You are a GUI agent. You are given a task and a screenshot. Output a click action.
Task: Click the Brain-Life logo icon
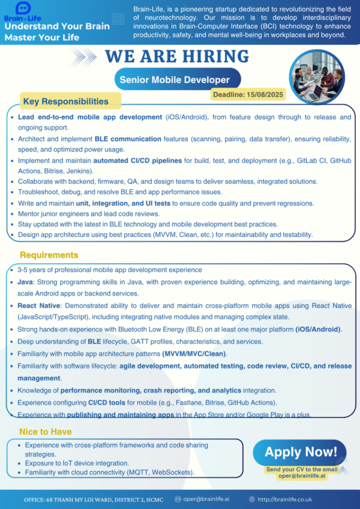(x=23, y=7)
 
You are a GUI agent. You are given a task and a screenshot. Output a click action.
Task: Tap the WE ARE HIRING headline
(x=177, y=56)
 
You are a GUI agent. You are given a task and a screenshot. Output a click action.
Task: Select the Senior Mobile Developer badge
(x=175, y=80)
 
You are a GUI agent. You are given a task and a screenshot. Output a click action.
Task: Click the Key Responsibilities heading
(x=66, y=101)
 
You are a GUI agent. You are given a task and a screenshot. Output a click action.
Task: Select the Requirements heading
(x=49, y=255)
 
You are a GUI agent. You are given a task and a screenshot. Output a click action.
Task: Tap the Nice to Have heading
(x=45, y=431)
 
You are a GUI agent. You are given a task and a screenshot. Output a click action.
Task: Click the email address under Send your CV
(x=302, y=476)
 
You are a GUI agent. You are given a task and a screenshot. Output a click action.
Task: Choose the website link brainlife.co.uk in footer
(x=285, y=499)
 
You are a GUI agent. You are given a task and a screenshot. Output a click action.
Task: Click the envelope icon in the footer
(x=178, y=499)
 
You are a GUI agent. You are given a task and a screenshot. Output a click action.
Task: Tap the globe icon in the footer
(x=252, y=499)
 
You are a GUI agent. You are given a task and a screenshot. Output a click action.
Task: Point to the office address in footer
(x=93, y=499)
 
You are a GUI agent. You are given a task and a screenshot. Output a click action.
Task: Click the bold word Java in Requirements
(x=25, y=282)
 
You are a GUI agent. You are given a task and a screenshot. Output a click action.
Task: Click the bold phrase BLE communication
(x=128, y=139)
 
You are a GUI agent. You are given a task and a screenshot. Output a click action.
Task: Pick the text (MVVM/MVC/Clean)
(x=194, y=354)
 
